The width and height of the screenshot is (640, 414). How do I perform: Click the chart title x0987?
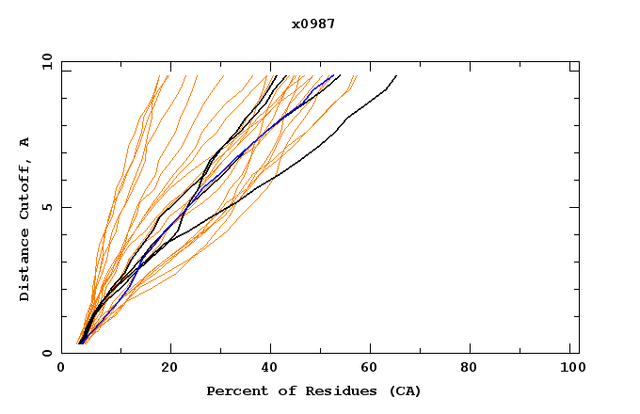coord(312,24)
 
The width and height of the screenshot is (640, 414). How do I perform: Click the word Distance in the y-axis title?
coord(25,266)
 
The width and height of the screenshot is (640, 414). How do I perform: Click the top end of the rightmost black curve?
coord(396,75)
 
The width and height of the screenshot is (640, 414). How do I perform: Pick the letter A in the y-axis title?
coord(25,141)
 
